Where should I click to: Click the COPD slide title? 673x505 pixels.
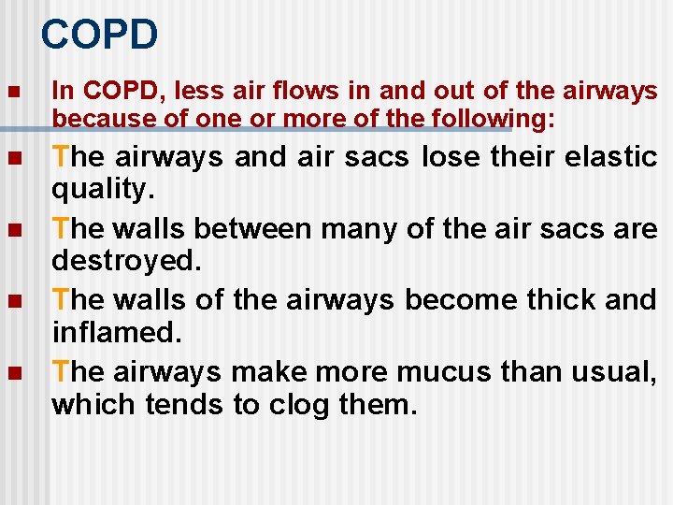(99, 36)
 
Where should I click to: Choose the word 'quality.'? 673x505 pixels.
(100, 191)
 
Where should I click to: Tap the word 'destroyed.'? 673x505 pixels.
(126, 261)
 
